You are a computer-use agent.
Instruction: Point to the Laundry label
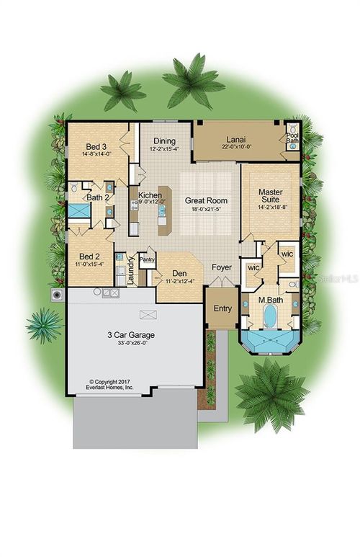131,270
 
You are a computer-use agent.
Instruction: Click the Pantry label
148,259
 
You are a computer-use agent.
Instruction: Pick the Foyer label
221,267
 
